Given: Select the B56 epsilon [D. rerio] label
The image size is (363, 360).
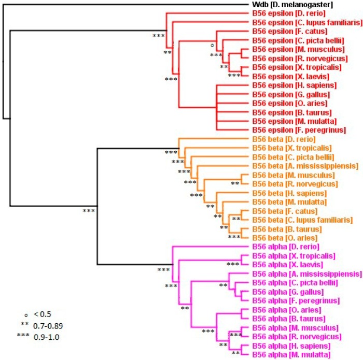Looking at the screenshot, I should pos(289,13).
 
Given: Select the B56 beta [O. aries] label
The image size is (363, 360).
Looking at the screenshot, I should pos(284,237).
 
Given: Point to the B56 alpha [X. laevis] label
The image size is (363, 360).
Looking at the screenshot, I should pos(287,264).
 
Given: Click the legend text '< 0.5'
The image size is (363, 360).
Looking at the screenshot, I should pos(43,313).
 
